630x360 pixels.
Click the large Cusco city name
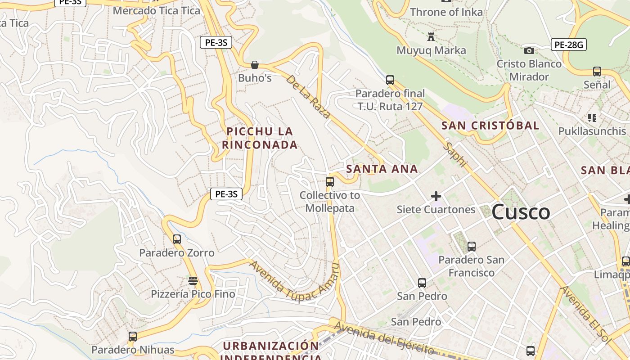pyautogui.click(x=521, y=212)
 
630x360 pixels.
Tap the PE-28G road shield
pyautogui.click(x=568, y=45)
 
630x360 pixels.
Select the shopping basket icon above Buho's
pyautogui.click(x=255, y=65)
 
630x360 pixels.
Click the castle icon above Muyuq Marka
pyautogui.click(x=431, y=36)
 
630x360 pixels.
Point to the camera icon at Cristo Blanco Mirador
pyautogui.click(x=529, y=50)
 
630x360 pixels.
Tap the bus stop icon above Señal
pyautogui.click(x=597, y=71)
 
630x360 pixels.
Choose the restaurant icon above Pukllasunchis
pyautogui.click(x=592, y=118)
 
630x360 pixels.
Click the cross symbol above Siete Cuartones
pyautogui.click(x=436, y=196)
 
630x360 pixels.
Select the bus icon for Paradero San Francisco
pyautogui.click(x=472, y=246)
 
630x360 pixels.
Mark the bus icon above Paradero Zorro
pyautogui.click(x=177, y=239)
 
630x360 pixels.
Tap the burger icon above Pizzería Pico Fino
pyautogui.click(x=193, y=281)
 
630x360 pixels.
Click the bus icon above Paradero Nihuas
pyautogui.click(x=133, y=336)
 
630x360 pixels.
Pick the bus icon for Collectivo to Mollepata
pyautogui.click(x=330, y=182)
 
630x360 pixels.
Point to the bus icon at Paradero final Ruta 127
pyautogui.click(x=390, y=80)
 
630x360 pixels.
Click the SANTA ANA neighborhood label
pyautogui.click(x=382, y=169)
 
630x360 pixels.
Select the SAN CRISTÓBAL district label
pyautogui.click(x=490, y=126)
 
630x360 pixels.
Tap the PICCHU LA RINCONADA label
pyautogui.click(x=260, y=138)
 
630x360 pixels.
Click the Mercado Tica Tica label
pyautogui.click(x=156, y=10)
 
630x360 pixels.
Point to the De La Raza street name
pyautogui.click(x=308, y=96)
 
